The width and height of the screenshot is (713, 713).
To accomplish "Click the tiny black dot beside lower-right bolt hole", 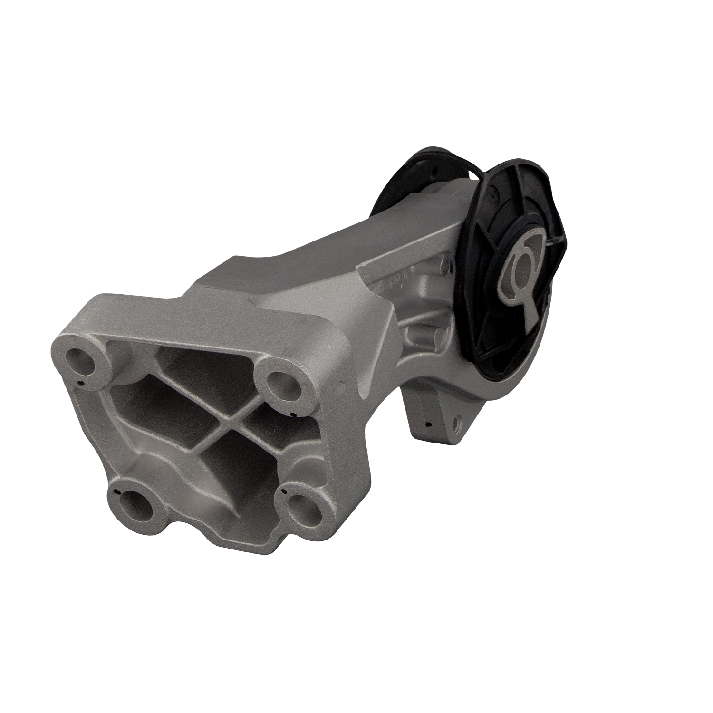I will click(x=284, y=490).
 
